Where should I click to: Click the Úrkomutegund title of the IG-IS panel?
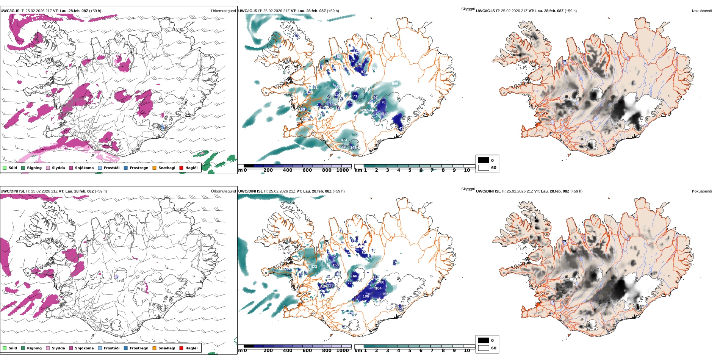click(223, 11)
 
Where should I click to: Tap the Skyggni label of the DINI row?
click(468, 189)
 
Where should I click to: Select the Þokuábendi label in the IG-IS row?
click(702, 11)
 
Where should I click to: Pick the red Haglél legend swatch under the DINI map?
click(182, 348)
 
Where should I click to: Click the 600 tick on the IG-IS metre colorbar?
click(307, 171)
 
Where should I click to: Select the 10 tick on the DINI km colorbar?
click(467, 351)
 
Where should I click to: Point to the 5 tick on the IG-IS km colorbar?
click(410, 171)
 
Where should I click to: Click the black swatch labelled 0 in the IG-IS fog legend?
click(484, 160)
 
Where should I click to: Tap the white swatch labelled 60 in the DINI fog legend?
click(484, 348)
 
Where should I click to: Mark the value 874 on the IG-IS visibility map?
click(344, 140)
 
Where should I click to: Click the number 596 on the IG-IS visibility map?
click(395, 84)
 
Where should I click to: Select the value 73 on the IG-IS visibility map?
click(355, 96)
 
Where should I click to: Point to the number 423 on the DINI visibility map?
click(314, 267)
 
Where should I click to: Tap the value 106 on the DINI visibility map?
click(366, 296)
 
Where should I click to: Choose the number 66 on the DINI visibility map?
click(355, 276)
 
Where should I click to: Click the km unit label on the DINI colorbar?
click(358, 351)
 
